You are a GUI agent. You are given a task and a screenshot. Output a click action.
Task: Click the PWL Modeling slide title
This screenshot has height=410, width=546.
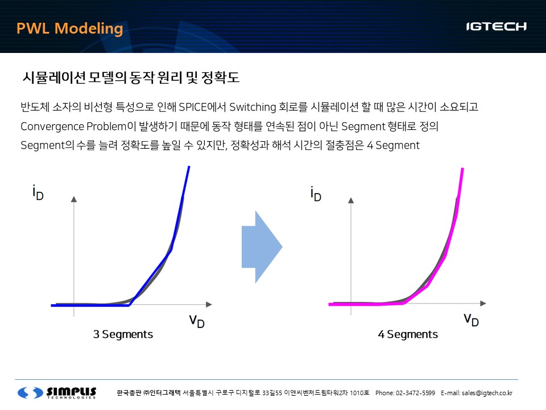[69, 28]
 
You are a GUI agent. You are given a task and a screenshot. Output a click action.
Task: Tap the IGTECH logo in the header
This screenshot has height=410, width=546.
[496, 27]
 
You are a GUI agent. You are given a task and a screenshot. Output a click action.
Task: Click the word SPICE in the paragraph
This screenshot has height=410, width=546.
[192, 107]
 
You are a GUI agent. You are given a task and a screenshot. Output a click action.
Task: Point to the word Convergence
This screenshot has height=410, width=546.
[52, 126]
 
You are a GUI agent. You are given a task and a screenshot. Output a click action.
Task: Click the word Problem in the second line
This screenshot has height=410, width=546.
[106, 126]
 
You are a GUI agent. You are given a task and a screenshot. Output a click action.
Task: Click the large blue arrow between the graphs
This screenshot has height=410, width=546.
[262, 247]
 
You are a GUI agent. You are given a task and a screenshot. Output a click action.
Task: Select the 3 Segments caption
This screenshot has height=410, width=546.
[123, 334]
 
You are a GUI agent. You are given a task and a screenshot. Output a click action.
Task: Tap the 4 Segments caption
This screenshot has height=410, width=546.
[408, 334]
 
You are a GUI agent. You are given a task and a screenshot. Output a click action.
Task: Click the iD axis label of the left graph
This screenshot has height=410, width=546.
[38, 193]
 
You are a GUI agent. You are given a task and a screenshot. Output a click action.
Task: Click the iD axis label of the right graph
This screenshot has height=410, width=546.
[316, 194]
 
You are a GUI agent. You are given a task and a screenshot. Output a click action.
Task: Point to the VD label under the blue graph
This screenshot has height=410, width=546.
[197, 321]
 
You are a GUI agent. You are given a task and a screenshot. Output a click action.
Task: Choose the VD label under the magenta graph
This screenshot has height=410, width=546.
[471, 319]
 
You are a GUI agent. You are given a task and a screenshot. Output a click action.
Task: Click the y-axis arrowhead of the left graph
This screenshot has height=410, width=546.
[74, 199]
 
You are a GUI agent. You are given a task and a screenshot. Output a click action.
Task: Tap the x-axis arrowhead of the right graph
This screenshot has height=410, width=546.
[483, 304]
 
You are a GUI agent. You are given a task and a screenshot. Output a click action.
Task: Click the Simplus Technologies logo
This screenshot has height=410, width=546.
[57, 392]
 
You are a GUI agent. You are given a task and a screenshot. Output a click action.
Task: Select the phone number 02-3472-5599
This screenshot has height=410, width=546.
[415, 393]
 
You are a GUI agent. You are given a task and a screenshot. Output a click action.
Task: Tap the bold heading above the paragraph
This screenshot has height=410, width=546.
[131, 77]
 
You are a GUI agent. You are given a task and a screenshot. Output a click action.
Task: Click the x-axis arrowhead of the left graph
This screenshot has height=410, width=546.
[209, 304]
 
